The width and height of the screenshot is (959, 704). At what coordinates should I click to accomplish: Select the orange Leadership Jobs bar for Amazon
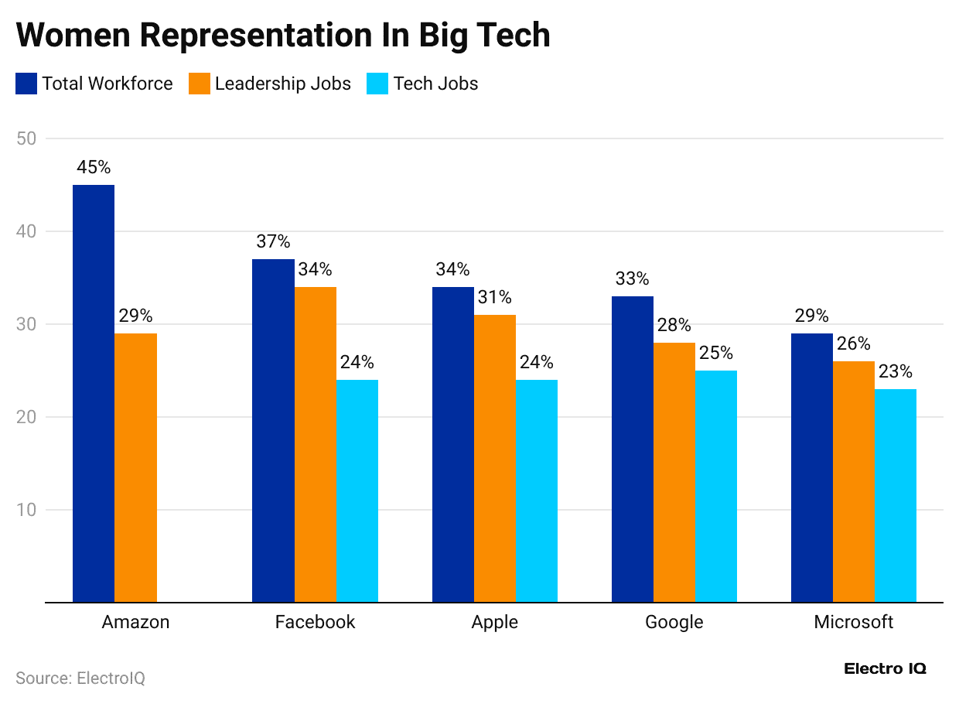click(135, 467)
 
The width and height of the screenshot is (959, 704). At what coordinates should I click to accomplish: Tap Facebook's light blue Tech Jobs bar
click(357, 490)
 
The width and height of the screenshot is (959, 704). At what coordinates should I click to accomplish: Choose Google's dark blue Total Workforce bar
click(632, 449)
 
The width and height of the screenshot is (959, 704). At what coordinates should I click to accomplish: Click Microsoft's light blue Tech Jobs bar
click(896, 495)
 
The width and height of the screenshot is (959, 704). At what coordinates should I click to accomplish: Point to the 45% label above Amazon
click(94, 167)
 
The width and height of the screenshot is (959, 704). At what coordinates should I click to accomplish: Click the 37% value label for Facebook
click(273, 241)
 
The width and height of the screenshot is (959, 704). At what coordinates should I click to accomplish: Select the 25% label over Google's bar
click(715, 353)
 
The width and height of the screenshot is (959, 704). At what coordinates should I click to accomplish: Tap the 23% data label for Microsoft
click(896, 371)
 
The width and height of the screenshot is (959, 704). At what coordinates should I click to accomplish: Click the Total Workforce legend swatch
click(26, 84)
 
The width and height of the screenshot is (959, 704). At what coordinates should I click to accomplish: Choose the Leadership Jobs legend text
click(282, 84)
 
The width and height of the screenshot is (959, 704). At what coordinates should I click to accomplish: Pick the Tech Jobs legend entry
click(435, 84)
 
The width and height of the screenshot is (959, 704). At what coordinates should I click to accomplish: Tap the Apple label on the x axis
click(495, 622)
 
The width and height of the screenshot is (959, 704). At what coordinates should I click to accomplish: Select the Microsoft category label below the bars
click(854, 622)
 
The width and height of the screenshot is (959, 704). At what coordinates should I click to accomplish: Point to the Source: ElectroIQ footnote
click(80, 678)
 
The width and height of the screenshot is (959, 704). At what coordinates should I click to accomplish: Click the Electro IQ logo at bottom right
click(885, 668)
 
